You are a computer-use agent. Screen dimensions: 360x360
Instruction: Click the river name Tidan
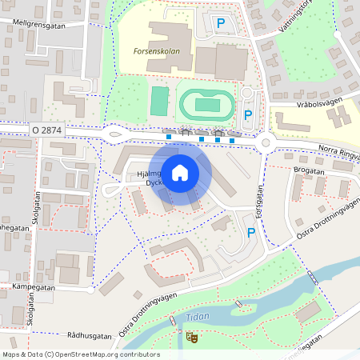click(197, 317)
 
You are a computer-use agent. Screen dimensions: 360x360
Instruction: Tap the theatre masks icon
click(191, 338)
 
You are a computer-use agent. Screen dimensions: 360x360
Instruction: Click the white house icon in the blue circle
click(180, 172)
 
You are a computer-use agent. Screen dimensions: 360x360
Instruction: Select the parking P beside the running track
click(248, 115)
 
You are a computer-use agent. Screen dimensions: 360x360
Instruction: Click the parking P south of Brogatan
click(251, 233)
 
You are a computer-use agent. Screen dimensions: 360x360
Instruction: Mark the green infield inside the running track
click(209, 104)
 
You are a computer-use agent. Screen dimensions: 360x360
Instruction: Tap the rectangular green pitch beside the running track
click(160, 101)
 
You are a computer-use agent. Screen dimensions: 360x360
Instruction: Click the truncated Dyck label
click(153, 182)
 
